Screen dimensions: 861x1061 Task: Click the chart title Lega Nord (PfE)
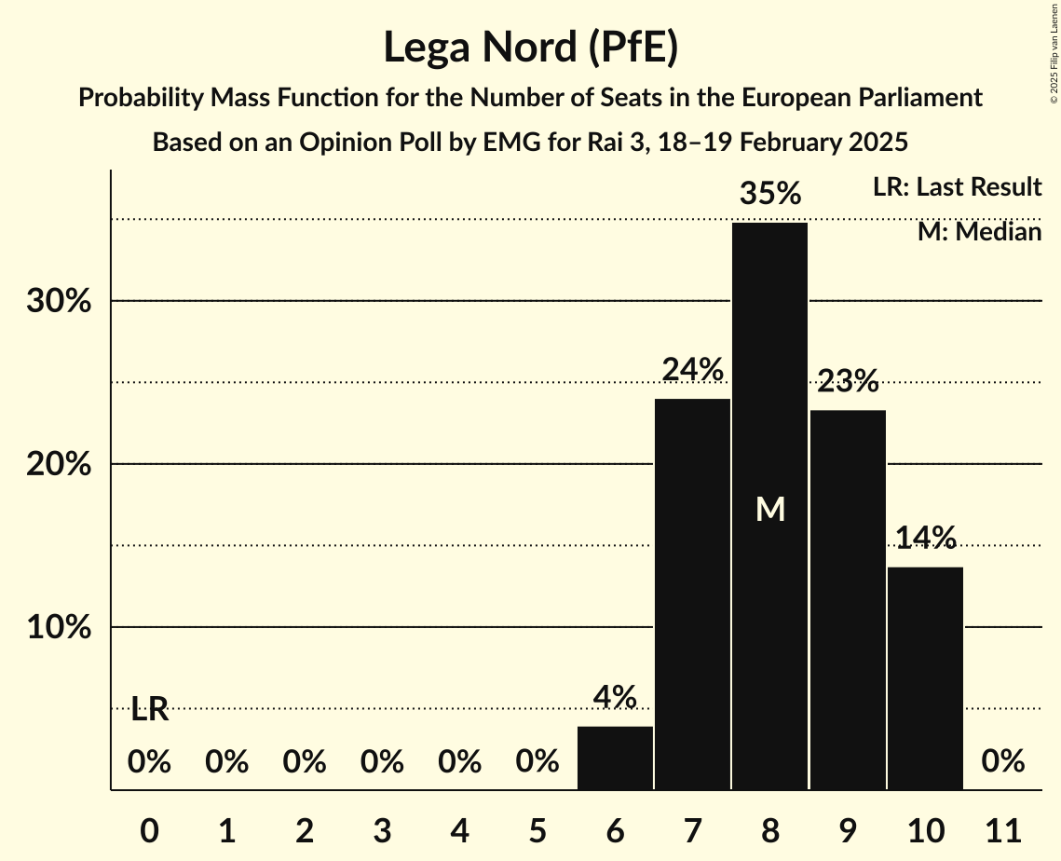530,48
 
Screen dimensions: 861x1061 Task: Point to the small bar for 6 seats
615,758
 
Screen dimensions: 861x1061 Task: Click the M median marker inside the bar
770,509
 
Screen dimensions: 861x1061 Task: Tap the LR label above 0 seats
149,709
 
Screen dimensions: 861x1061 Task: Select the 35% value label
770,194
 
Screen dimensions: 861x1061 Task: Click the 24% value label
692,370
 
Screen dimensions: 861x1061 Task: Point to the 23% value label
848,381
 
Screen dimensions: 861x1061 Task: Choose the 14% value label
925,538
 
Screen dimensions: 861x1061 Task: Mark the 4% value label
615,697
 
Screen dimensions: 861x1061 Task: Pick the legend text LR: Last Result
957,187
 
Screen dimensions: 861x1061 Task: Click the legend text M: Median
979,232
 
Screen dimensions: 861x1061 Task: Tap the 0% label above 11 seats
1003,762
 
